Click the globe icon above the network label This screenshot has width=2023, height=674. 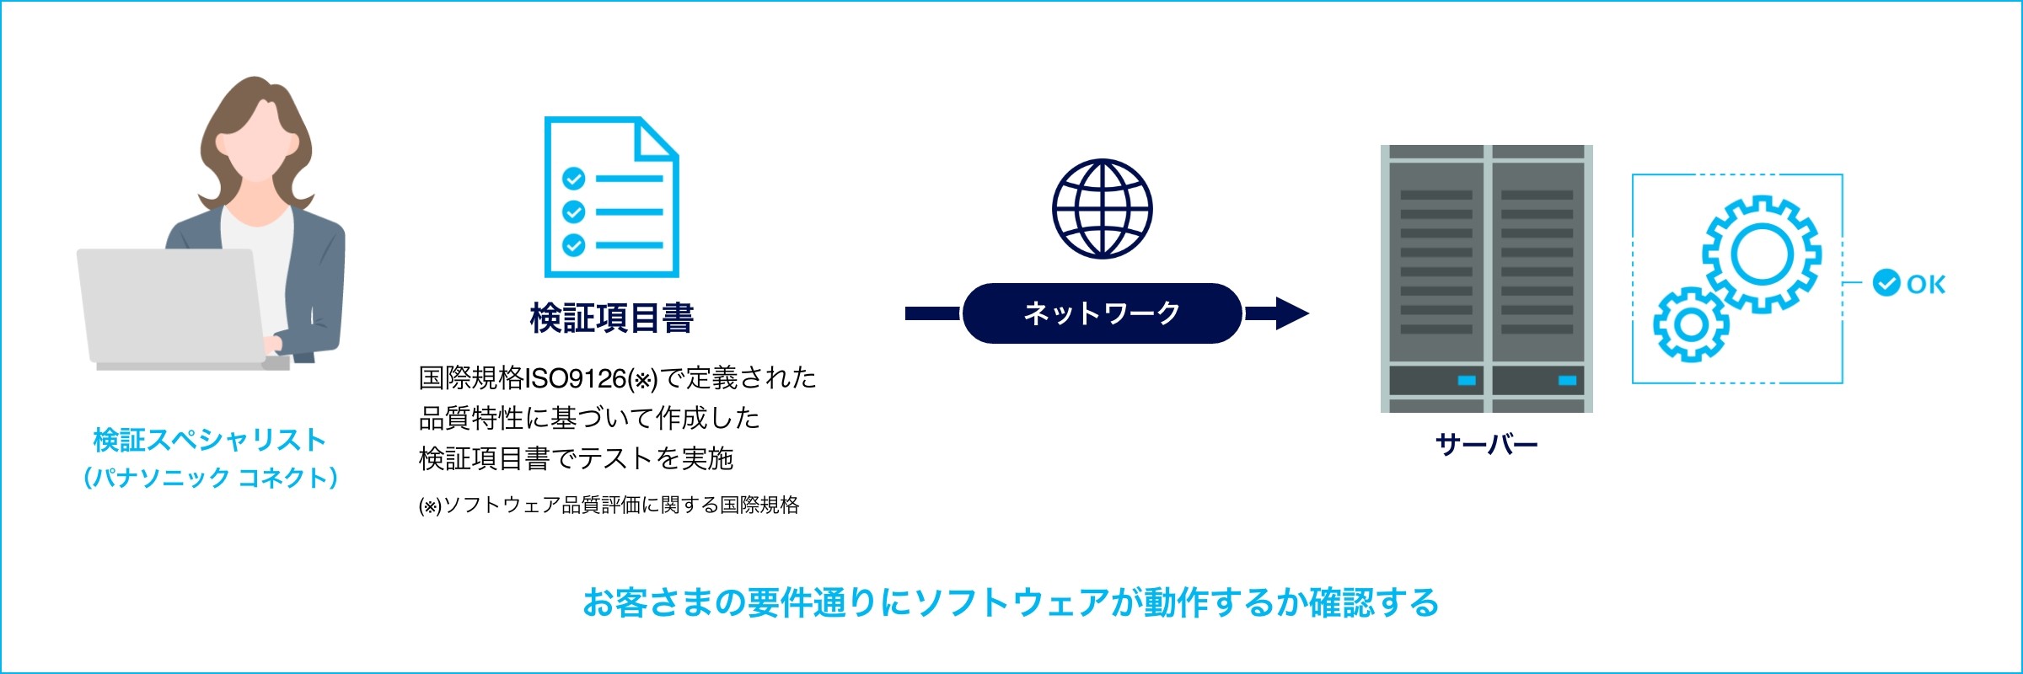pos(1102,208)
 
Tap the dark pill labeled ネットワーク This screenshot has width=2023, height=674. pos(1102,313)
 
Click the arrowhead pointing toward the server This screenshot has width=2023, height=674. pos(1292,313)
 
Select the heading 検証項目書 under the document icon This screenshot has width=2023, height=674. pos(612,318)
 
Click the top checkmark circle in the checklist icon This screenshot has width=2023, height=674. pos(574,179)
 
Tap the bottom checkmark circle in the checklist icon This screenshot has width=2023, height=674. pos(574,245)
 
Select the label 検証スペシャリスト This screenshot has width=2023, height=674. pos(210,440)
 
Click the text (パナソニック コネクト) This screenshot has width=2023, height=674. pos(211,478)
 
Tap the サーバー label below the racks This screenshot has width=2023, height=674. pos(1486,444)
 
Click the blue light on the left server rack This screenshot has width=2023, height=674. pos(1467,381)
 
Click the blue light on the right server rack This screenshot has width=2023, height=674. pos(1568,381)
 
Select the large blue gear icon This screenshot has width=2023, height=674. pos(1762,254)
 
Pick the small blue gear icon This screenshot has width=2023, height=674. pos(1691,324)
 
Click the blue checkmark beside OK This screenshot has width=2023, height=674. pos(1886,283)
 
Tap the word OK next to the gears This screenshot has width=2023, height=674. pos(1926,284)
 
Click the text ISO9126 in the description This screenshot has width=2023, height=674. pos(575,378)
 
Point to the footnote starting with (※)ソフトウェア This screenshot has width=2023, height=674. pos(609,505)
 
